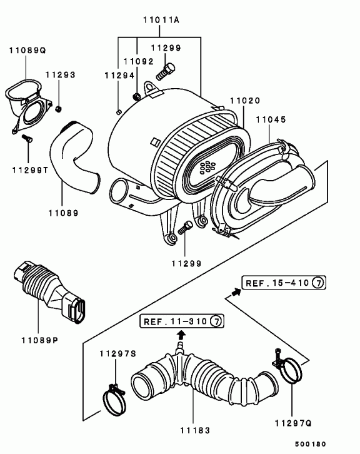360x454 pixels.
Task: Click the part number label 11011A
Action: tap(161, 20)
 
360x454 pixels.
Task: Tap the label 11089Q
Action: tap(27, 51)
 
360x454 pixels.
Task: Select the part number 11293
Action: tap(61, 74)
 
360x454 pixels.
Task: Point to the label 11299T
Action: tap(31, 170)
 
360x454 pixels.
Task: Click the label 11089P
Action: tap(40, 340)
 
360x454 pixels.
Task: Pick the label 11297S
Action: tap(117, 353)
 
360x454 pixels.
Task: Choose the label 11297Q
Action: tap(293, 423)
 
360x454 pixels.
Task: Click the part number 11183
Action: tap(195, 430)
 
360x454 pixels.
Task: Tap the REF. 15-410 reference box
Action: tap(284, 283)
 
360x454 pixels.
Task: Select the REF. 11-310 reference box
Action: tap(182, 321)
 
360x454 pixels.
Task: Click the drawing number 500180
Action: tap(311, 444)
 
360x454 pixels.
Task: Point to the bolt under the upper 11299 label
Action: tap(166, 71)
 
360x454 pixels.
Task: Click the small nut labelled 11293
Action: tap(59, 109)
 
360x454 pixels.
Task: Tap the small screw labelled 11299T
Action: tap(27, 138)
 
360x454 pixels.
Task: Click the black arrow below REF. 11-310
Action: tap(181, 335)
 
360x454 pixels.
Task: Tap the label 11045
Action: tap(271, 119)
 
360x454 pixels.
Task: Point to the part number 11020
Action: tap(246, 101)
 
